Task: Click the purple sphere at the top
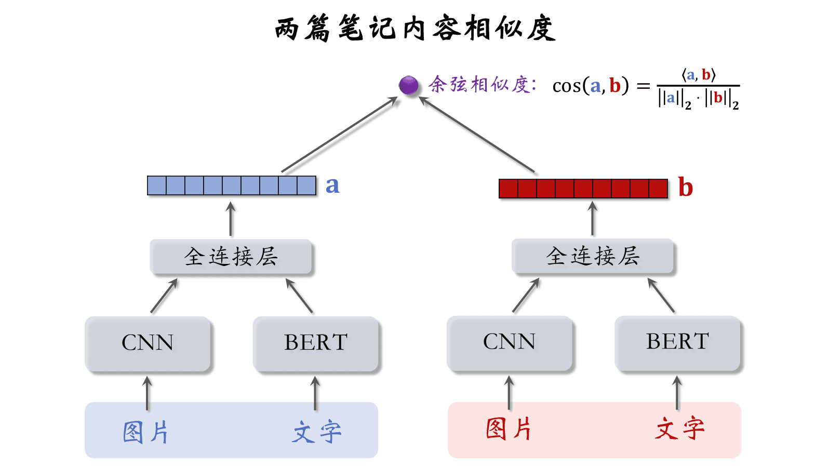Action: point(408,85)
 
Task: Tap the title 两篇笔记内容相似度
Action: point(415,29)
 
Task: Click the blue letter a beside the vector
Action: point(332,185)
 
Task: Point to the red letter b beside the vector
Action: point(686,188)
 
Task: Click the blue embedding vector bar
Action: point(232,185)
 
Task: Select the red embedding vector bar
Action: point(583,189)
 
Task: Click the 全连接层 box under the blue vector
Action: point(231,257)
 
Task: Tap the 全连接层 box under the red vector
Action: point(593,256)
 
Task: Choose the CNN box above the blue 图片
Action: point(148,343)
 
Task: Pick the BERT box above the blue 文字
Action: point(316,343)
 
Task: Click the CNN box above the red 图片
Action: point(509,342)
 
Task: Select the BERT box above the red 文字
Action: point(677,342)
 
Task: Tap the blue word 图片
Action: point(146,432)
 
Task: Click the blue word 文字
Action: point(316,432)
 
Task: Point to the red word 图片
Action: point(509,429)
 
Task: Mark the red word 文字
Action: point(679,429)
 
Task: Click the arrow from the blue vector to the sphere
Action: point(340,134)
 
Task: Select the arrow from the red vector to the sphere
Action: point(477,135)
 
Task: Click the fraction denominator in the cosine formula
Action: point(698,99)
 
